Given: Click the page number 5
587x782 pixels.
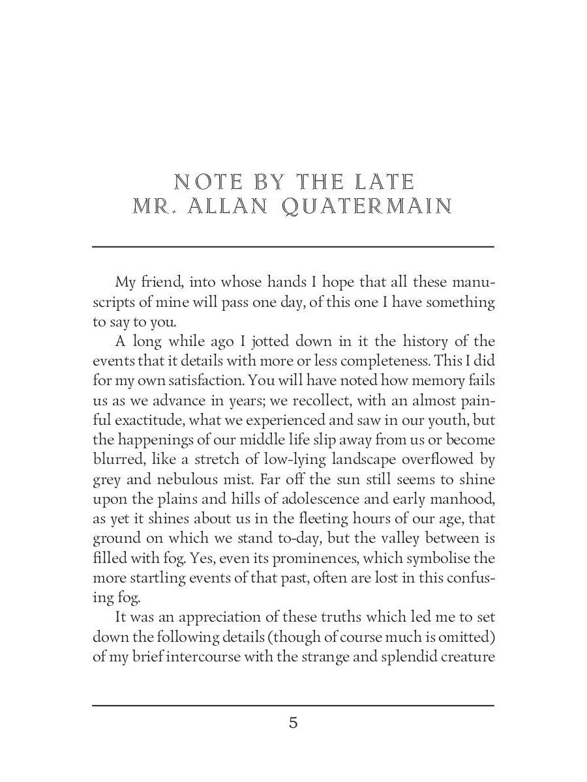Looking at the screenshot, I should pos(293,723).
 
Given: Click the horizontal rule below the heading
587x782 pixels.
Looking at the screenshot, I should pos(293,246).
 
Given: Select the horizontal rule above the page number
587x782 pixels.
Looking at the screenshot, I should pos(293,705).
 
